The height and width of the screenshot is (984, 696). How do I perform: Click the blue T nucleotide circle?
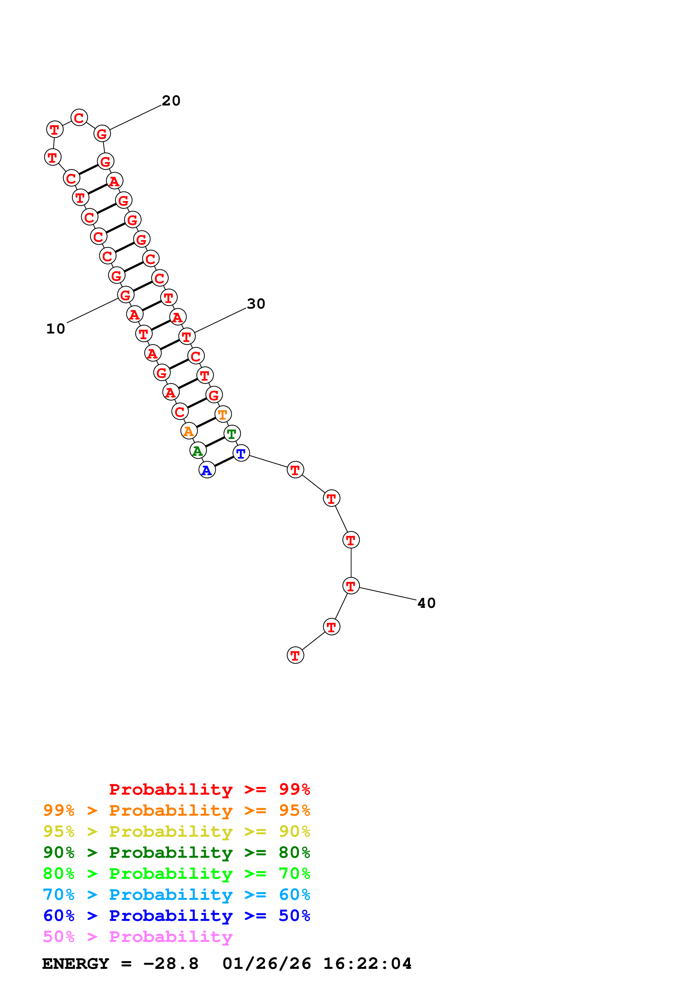(x=241, y=453)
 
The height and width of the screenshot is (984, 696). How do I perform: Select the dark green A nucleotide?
(x=198, y=450)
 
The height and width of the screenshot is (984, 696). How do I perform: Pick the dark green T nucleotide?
(x=232, y=433)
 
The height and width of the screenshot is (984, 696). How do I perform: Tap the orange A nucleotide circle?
(x=189, y=431)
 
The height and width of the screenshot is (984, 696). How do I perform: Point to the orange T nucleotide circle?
(x=223, y=414)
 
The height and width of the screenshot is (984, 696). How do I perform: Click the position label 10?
(x=56, y=329)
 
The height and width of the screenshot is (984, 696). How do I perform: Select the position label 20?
(x=171, y=101)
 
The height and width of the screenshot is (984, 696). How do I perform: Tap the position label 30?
(x=256, y=304)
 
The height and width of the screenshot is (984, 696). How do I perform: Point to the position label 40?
(x=426, y=603)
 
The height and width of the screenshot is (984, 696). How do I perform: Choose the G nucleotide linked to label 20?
(x=102, y=134)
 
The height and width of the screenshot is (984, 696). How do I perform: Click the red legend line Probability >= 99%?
(x=209, y=789)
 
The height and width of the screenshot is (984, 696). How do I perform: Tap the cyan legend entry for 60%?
(x=176, y=895)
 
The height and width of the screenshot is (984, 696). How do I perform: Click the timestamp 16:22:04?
(x=367, y=964)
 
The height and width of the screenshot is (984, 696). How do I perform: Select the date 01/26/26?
(x=267, y=964)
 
